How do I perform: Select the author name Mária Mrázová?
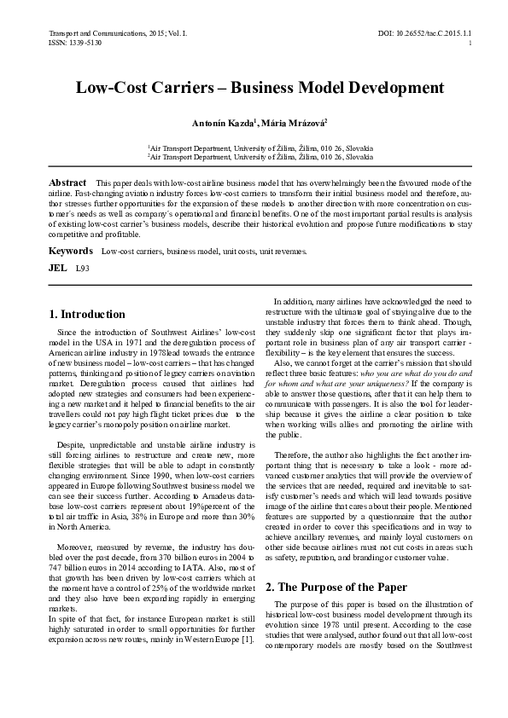[283, 124]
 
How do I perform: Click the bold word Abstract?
[67, 183]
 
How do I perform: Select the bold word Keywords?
[70, 252]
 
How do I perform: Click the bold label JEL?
[58, 268]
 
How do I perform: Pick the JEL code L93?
[83, 268]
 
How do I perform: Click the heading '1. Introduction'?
[87, 315]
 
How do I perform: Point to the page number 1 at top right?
[470, 42]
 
